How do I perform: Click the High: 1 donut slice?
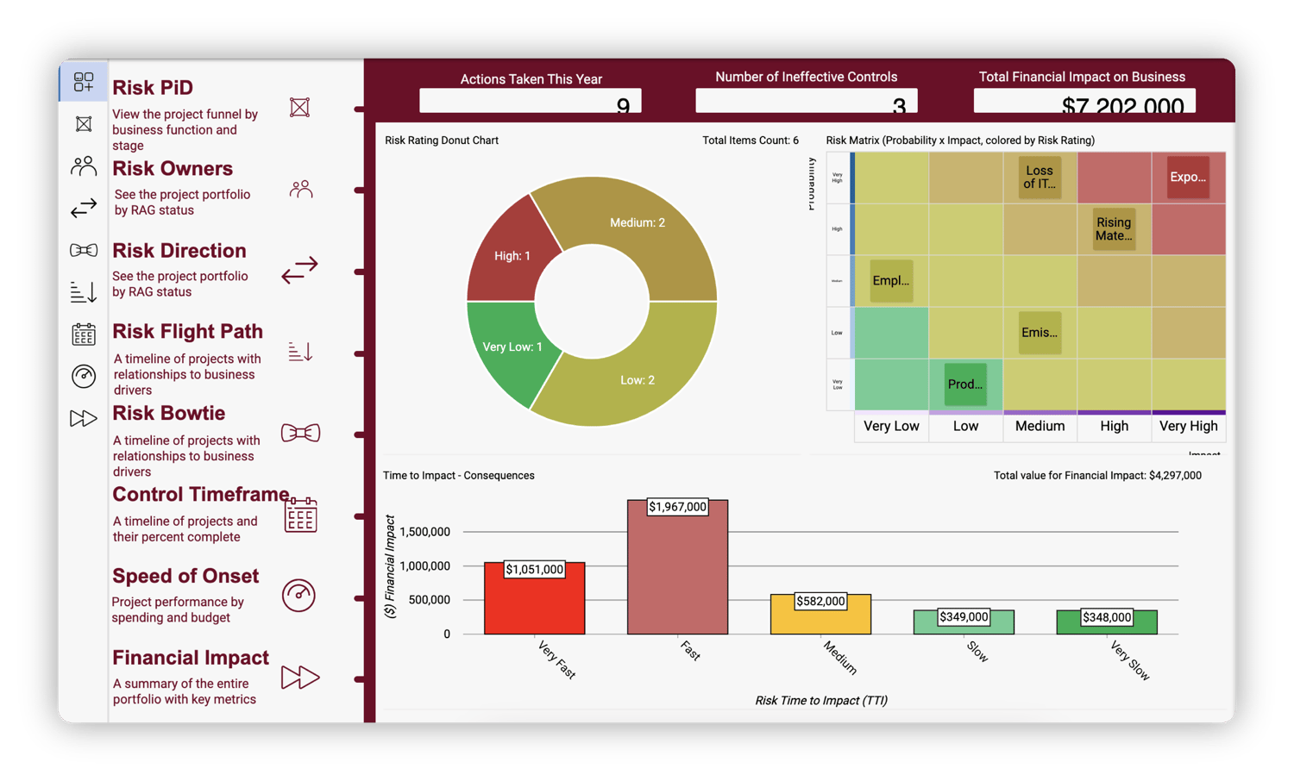(x=512, y=255)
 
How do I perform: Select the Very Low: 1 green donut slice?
(x=512, y=347)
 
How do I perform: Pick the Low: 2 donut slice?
(x=638, y=380)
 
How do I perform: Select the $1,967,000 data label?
(x=677, y=507)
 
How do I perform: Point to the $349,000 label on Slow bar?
(x=964, y=617)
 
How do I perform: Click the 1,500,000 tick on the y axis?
(x=424, y=532)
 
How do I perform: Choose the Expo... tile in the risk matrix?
(x=1188, y=178)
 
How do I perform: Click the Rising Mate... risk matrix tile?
(x=1114, y=229)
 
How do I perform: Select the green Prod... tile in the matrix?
(x=965, y=384)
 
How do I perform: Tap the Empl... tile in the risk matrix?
(x=891, y=281)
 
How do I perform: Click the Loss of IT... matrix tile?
(x=1040, y=178)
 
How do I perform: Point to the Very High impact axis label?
(x=1188, y=426)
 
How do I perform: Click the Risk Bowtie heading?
(x=169, y=414)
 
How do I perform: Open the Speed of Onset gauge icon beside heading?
(x=298, y=596)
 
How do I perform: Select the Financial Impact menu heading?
(x=191, y=658)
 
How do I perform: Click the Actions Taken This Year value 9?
(x=623, y=105)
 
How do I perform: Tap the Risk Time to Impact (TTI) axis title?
(x=820, y=700)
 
